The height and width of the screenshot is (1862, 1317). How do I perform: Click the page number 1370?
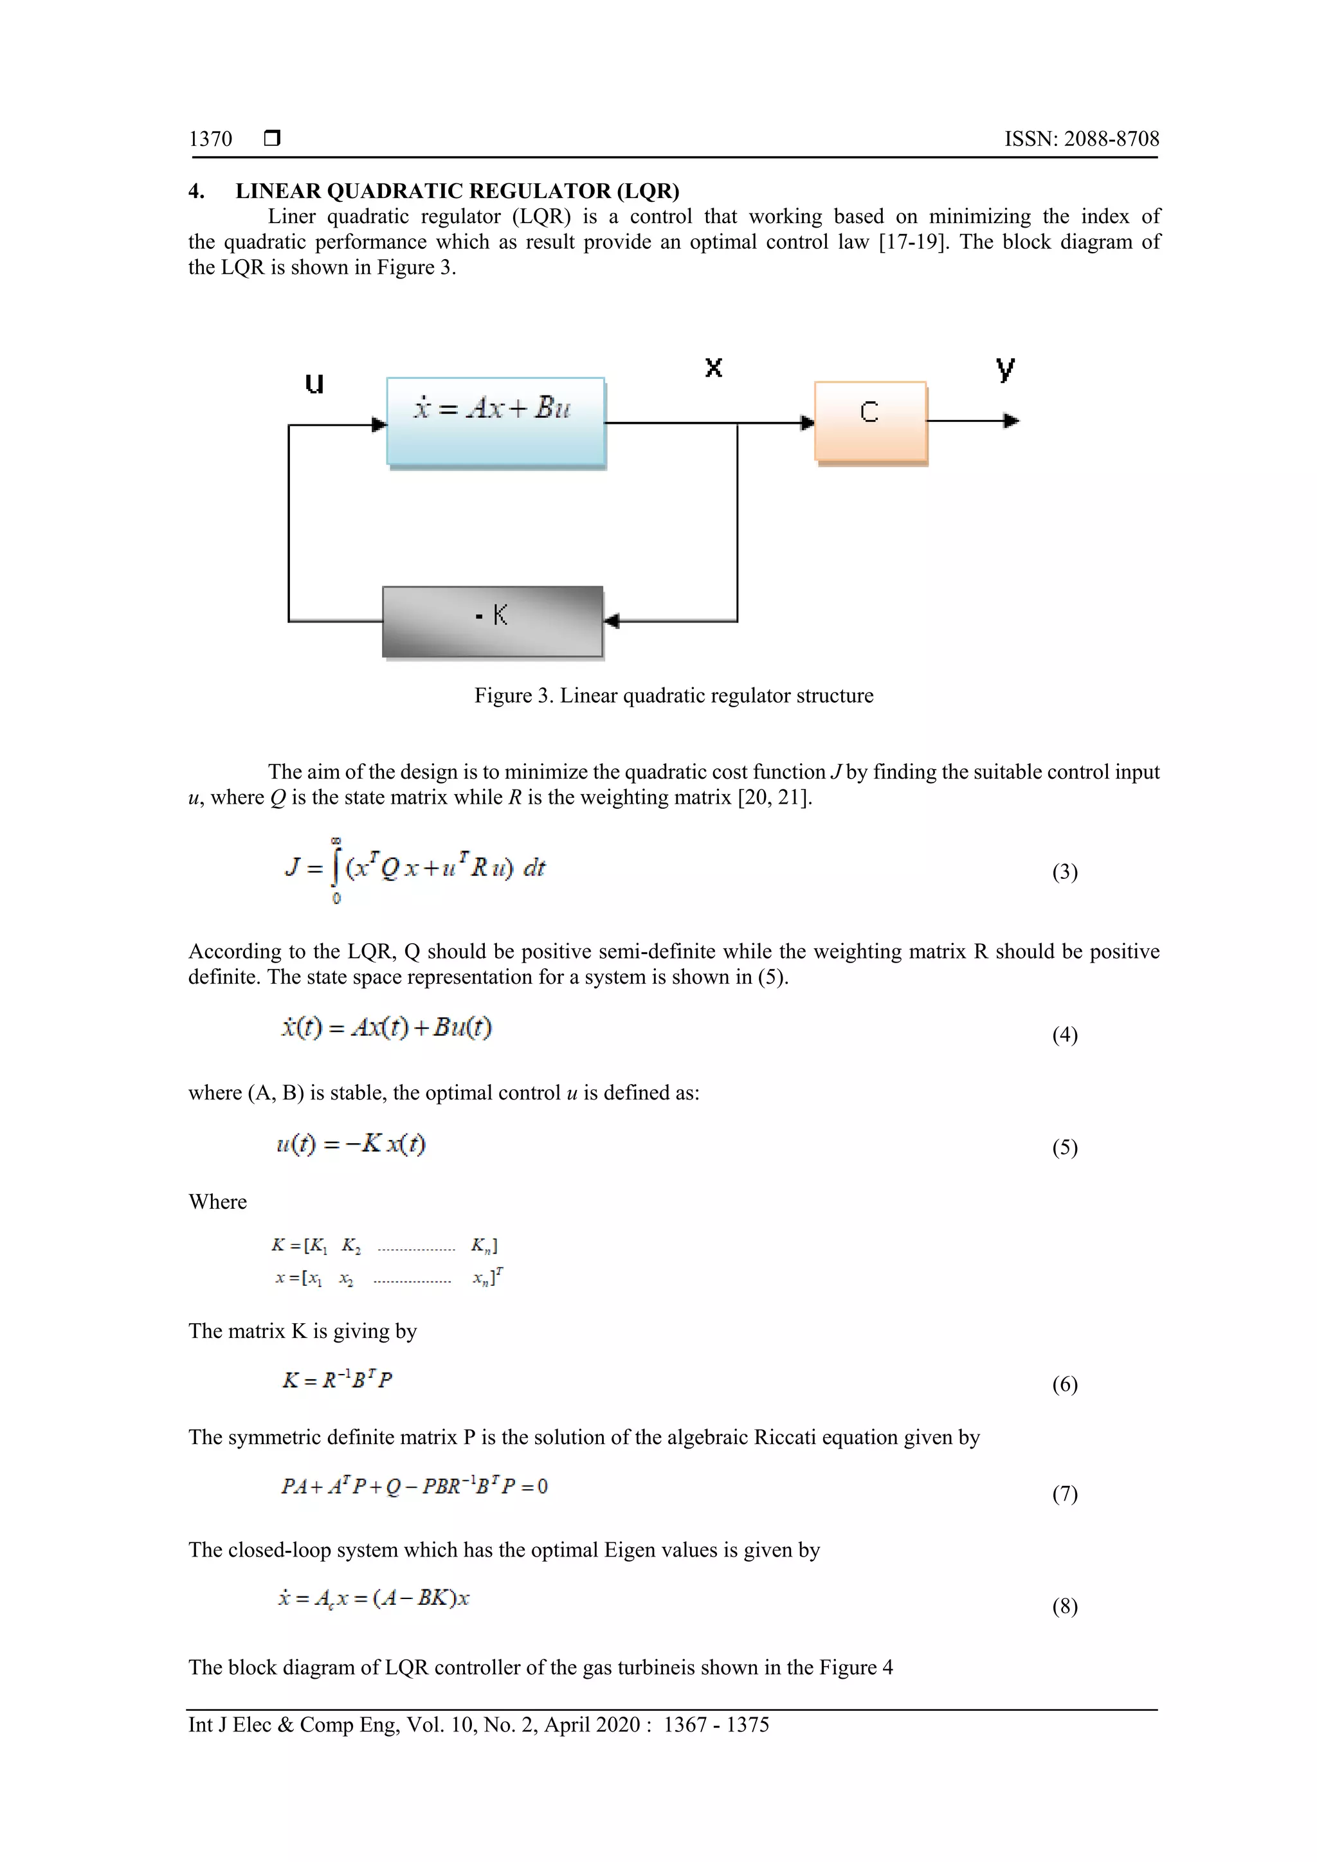210,139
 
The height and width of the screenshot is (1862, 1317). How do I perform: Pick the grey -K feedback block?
492,621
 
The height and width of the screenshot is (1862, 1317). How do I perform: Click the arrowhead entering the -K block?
612,621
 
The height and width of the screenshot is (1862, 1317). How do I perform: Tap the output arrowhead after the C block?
1012,421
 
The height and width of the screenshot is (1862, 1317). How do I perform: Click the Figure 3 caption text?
673,696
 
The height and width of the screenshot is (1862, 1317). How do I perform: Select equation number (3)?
1065,872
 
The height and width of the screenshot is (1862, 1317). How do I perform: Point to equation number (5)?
1065,1148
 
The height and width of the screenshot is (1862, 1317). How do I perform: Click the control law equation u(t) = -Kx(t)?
350,1144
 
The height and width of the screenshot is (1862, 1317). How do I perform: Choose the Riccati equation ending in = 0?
413,1487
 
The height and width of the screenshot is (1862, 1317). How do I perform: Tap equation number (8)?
1065,1607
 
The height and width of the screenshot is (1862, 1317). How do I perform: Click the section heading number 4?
196,192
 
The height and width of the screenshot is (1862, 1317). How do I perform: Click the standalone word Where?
217,1202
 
